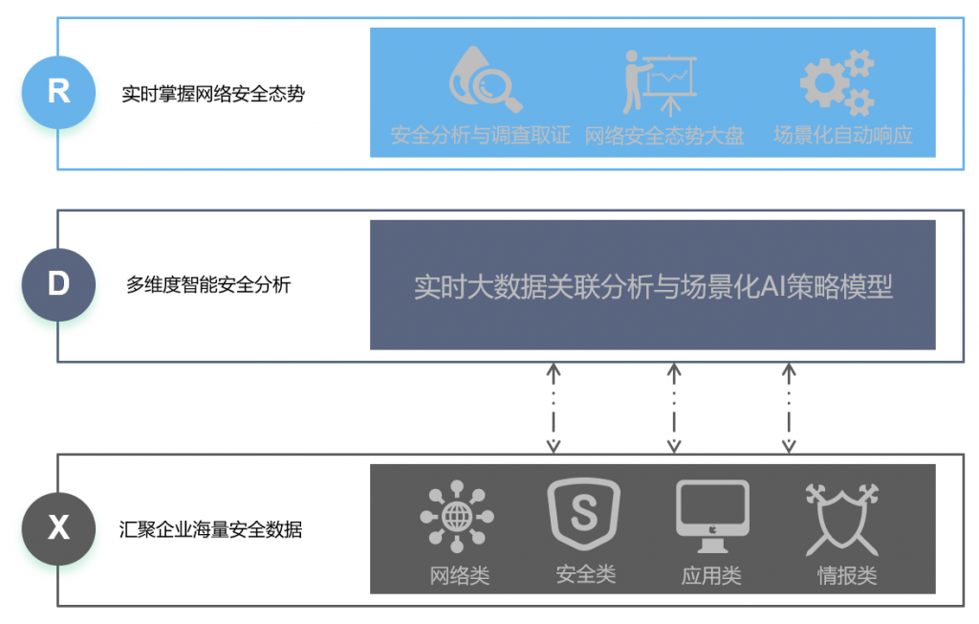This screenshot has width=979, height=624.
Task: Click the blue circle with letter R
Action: click(x=58, y=93)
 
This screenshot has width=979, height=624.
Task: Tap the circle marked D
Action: click(x=58, y=284)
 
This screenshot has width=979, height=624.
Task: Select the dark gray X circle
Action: click(x=58, y=529)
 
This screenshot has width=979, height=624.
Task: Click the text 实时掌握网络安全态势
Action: click(x=213, y=94)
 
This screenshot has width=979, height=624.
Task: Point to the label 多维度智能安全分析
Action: click(x=208, y=284)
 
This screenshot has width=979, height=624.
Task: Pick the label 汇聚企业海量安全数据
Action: click(x=211, y=529)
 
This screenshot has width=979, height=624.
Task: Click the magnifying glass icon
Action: click(x=486, y=79)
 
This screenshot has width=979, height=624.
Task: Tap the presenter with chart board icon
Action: click(x=660, y=83)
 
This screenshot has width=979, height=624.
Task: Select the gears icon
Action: click(x=838, y=82)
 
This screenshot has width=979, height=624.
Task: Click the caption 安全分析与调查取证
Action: click(x=480, y=135)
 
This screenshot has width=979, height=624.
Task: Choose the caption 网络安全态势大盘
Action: click(x=664, y=136)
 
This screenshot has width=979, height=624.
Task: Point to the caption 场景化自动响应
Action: click(x=843, y=135)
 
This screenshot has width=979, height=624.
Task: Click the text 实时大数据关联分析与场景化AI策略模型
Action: click(x=653, y=287)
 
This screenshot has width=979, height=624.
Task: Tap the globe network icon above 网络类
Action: click(x=457, y=517)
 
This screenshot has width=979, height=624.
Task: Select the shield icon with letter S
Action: click(x=584, y=514)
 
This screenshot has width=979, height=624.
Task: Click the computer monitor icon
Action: click(x=712, y=516)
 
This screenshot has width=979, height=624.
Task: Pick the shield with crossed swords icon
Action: click(x=842, y=520)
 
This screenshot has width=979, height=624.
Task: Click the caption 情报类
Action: click(x=847, y=575)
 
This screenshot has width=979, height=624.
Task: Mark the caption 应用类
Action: click(x=711, y=575)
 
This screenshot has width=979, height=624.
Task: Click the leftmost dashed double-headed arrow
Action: click(x=554, y=409)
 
